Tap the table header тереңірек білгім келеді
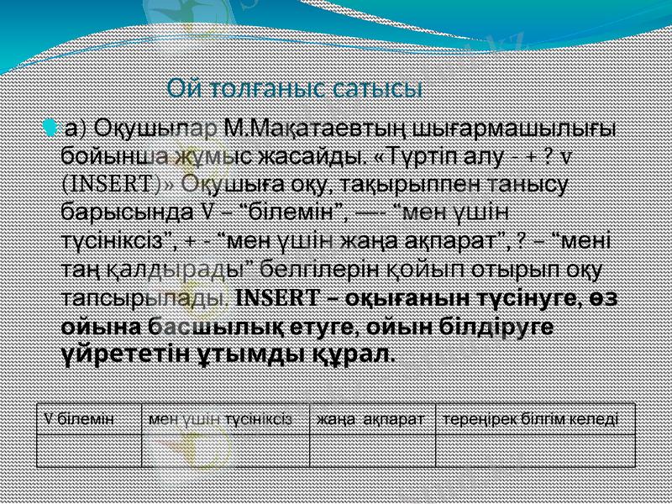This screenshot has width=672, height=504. pos(531,417)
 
